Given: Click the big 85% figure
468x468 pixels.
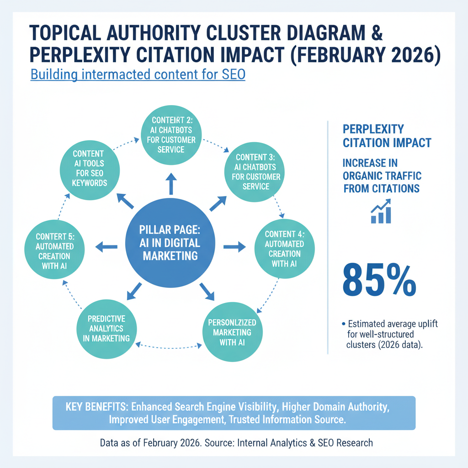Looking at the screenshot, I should coord(379,278).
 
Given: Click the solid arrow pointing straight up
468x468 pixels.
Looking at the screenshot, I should coord(170,184).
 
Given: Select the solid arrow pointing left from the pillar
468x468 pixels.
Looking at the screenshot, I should coord(106,247).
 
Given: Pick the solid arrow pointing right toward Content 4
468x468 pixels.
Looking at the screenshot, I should coord(234,247).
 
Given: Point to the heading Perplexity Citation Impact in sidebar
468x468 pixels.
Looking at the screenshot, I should coord(387,136).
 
